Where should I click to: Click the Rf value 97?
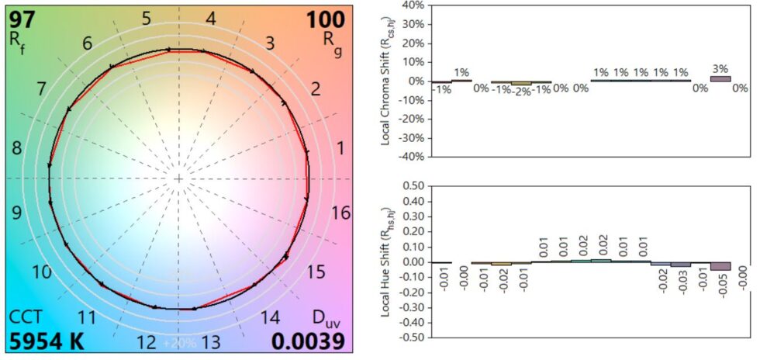[22, 18]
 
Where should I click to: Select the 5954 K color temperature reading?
[46, 341]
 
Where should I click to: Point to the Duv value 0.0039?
[308, 341]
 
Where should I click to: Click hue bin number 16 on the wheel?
[340, 213]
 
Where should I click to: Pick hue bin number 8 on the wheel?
[17, 147]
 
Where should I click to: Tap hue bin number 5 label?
[146, 18]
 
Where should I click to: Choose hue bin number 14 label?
[269, 317]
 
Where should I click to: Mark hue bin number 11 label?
[87, 317]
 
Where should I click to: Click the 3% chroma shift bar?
[720, 78]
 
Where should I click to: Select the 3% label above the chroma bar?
[720, 68]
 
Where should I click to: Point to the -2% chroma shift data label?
[522, 90]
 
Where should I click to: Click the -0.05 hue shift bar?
[720, 266]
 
